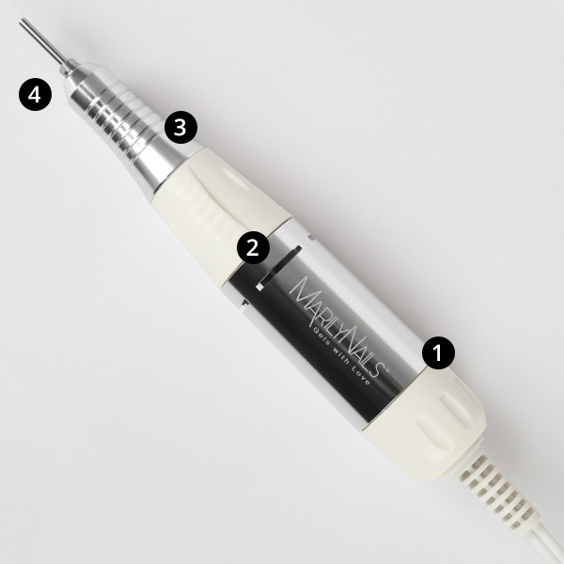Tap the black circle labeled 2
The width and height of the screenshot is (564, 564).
250,248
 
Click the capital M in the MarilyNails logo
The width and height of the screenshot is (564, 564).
299,286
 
